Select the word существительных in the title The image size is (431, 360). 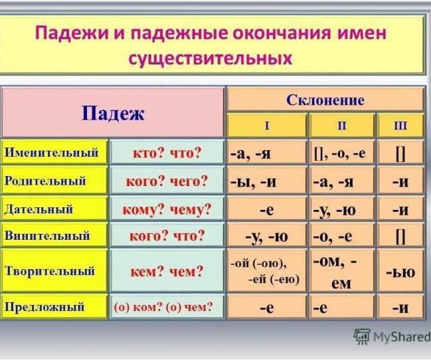[x=210, y=58]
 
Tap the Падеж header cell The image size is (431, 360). [x=113, y=113]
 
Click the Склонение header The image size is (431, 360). [x=325, y=100]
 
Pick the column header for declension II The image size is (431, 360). [x=342, y=126]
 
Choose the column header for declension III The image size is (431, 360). [x=400, y=126]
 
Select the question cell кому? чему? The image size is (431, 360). [x=167, y=209]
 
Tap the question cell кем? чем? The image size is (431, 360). [x=167, y=271]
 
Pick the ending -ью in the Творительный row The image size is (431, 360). [x=400, y=272]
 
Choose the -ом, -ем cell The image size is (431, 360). [x=342, y=271]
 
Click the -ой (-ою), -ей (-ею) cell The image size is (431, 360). [x=266, y=271]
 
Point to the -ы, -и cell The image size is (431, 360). [x=266, y=181]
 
